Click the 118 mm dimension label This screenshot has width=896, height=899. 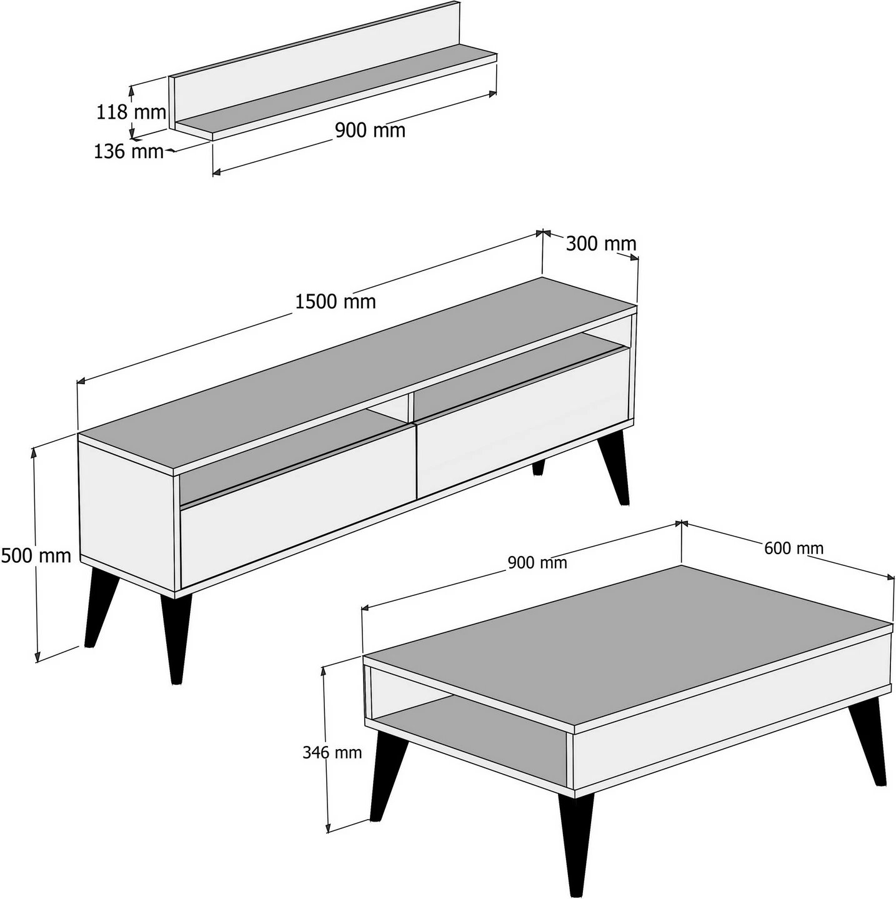131,112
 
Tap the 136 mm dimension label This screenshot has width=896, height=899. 129,151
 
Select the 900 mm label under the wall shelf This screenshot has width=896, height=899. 370,130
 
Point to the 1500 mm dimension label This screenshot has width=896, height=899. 336,302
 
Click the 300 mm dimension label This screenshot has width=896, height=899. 601,244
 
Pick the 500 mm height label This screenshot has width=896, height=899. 36,555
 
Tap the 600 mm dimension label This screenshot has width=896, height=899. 794,548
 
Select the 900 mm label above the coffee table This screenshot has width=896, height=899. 537,563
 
